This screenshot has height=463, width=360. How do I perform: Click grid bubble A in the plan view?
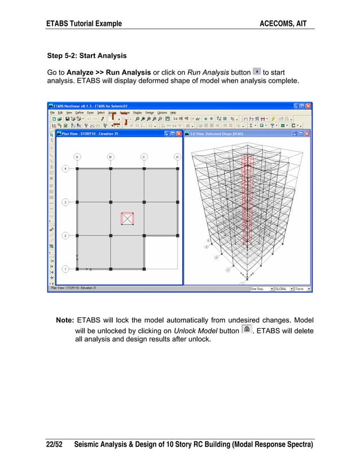77,156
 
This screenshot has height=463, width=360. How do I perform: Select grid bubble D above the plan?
177,156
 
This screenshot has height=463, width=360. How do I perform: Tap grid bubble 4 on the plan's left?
65,168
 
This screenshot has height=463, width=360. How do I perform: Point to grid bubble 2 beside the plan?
65,235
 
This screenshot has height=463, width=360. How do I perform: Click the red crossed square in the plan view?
128,219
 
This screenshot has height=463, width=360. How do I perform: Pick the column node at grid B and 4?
111,168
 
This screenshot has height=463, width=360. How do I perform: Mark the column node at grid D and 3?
177,202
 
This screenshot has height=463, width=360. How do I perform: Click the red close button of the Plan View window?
179,134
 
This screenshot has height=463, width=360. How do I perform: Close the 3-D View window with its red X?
308,134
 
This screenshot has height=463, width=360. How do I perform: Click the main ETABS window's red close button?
308,106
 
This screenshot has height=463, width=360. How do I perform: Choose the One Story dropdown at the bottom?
262,288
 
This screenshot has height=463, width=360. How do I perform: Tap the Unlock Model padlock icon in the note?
246,329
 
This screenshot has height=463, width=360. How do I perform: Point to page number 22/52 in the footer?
55,445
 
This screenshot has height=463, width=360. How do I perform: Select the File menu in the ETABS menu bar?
53,112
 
